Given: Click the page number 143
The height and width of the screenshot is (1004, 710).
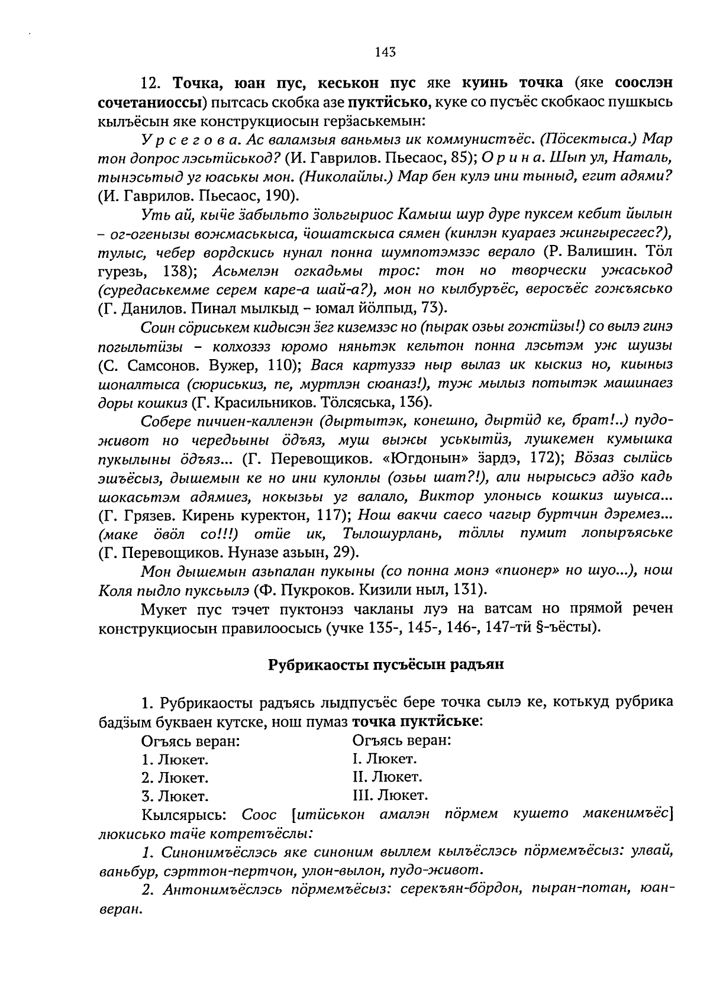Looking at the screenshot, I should click(385, 52).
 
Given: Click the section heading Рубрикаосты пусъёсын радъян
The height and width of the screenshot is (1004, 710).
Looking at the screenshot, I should click(386, 664).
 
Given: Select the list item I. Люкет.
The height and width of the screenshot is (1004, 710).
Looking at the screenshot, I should click(385, 758).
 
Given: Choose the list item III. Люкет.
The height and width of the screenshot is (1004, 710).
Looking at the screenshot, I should click(390, 795).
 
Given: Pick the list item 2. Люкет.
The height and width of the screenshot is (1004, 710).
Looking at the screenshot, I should click(175, 777).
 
